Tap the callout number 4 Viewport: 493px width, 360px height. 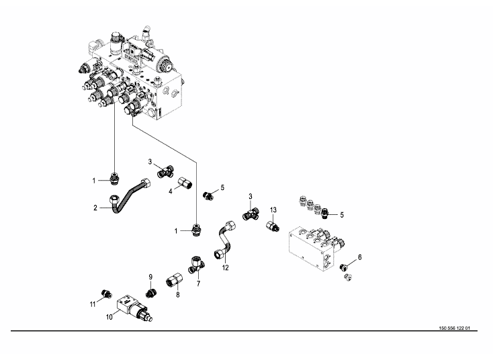point(171,190)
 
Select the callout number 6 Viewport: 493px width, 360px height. point(359,257)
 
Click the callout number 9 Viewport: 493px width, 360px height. point(151,276)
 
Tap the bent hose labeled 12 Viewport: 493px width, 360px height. point(224,241)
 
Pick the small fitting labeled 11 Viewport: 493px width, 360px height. point(104,293)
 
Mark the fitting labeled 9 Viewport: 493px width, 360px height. point(152,291)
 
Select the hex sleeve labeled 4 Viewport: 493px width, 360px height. point(185,182)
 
